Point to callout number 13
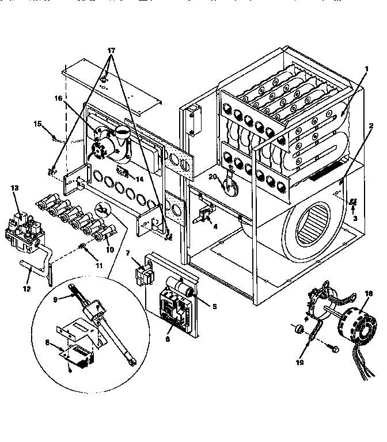[x=14, y=189]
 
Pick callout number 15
[x=38, y=123]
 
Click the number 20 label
[x=213, y=177]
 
